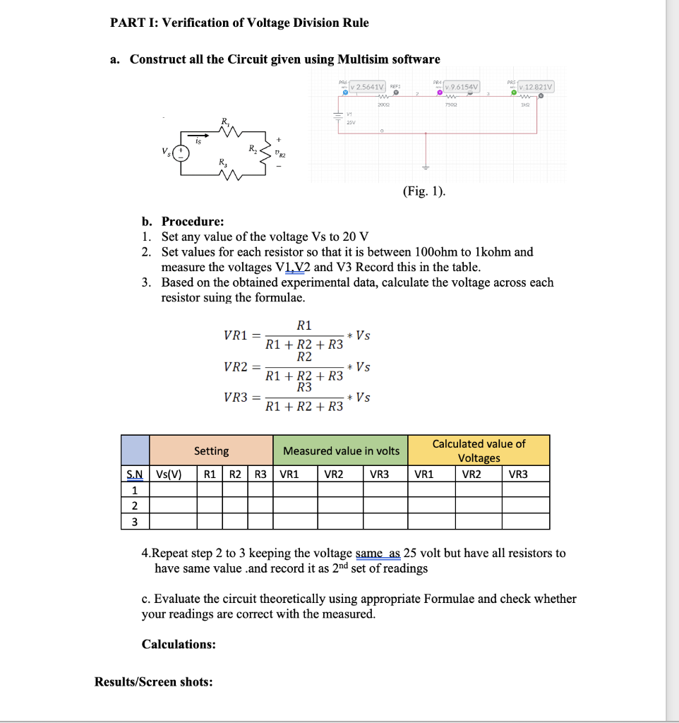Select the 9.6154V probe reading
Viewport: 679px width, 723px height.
click(x=460, y=87)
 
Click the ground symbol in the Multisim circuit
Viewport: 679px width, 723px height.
click(x=425, y=167)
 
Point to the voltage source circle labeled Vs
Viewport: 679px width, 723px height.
click(x=182, y=153)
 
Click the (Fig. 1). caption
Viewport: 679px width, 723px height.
click(x=424, y=191)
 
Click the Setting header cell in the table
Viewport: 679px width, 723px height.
click(x=211, y=450)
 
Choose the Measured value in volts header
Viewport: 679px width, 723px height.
click(x=341, y=450)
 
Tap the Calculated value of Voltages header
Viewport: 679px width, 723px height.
click(x=479, y=450)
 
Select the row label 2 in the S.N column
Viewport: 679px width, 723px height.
click(x=134, y=506)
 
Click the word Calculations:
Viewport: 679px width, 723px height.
click(x=179, y=644)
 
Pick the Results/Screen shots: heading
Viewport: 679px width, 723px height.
click(x=153, y=682)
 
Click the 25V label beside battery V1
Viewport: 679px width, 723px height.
click(x=351, y=121)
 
